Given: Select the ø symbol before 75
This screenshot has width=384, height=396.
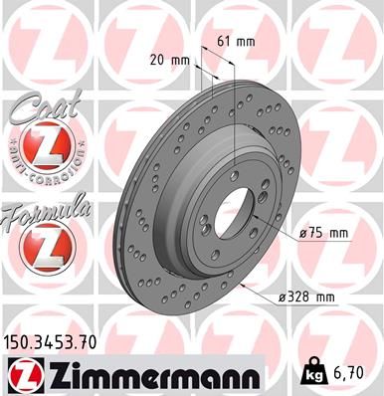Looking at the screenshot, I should click(x=302, y=232).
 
